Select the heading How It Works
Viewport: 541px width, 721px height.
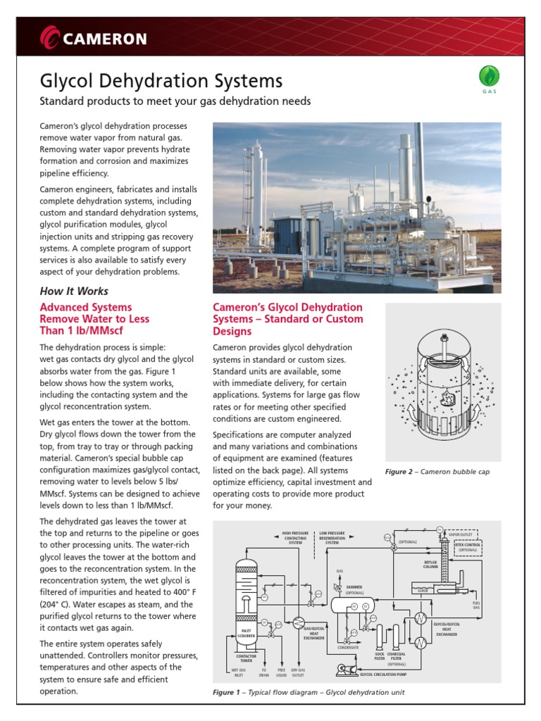pos(74,291)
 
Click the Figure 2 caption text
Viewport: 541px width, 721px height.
pos(437,472)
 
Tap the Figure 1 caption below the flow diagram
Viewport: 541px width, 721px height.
pos(309,692)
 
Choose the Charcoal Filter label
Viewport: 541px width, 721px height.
pos(397,656)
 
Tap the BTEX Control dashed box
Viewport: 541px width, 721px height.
pos(468,546)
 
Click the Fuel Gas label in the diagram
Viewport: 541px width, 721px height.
pos(476,605)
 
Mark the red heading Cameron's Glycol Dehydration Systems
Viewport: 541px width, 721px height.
pos(287,319)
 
